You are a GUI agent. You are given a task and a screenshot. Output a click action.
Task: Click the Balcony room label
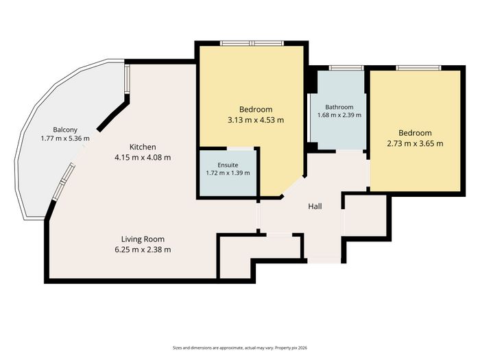point(65,130)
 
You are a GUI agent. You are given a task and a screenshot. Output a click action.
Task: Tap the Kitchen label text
point(143,147)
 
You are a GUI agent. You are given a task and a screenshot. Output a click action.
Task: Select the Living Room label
point(143,239)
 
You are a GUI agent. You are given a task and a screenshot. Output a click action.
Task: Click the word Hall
point(315,206)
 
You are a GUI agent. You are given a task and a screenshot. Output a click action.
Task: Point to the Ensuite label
point(228,165)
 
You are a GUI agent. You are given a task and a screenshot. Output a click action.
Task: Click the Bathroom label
point(339,107)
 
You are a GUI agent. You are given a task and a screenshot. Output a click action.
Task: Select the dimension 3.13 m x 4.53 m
point(256,120)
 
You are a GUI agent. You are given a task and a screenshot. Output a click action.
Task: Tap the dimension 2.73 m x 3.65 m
point(415,143)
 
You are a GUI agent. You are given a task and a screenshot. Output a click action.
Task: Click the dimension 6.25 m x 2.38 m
point(143,250)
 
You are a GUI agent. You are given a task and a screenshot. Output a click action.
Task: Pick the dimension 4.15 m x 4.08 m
point(143,158)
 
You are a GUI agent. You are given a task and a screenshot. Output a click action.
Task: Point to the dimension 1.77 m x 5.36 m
point(65,139)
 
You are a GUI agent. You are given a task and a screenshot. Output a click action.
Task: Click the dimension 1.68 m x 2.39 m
point(339,115)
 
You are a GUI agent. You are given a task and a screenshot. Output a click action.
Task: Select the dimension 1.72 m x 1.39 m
point(228,173)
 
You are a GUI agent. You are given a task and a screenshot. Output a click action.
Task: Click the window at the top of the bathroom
point(346,68)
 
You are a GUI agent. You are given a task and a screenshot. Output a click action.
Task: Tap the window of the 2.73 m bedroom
point(418,68)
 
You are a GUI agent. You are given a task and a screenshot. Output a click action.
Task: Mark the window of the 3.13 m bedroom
point(252,43)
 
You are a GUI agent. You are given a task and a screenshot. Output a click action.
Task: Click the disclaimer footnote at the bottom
point(240,348)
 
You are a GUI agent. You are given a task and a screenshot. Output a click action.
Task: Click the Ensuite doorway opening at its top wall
point(240,149)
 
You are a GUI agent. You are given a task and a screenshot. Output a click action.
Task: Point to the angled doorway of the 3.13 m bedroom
point(293,186)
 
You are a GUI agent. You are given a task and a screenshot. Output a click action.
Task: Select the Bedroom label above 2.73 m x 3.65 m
point(415,133)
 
